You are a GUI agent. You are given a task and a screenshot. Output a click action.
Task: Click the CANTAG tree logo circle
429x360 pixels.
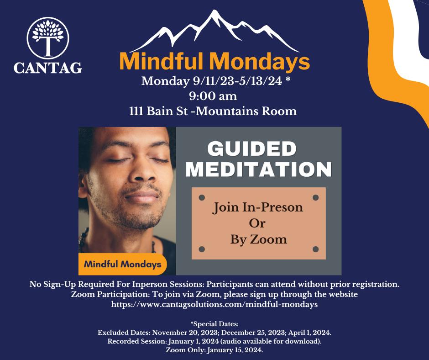tap(48, 38)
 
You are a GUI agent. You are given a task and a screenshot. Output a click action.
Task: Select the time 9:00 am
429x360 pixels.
tap(213, 96)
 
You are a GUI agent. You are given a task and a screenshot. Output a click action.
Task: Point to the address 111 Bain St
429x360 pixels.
tap(158, 111)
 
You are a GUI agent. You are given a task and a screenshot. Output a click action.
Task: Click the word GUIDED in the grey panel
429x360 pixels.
tap(252, 149)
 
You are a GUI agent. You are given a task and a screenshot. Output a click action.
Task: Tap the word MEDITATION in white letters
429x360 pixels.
tap(259, 169)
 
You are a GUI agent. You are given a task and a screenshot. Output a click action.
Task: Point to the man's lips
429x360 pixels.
tap(142, 196)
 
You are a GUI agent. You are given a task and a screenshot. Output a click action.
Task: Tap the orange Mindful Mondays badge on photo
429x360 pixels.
tap(123, 265)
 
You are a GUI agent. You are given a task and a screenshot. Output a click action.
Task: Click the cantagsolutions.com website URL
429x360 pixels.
tap(214, 304)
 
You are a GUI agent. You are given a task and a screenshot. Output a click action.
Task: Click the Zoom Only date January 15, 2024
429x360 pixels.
tap(235, 350)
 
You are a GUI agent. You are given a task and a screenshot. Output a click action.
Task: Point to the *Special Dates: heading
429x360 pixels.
tap(214, 324)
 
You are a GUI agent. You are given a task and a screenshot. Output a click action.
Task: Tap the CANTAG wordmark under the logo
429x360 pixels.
tap(48, 68)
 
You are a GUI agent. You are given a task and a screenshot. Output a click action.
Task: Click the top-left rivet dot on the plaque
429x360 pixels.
tap(202, 197)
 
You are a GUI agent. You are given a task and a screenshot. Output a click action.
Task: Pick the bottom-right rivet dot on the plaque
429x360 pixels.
tap(315, 249)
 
